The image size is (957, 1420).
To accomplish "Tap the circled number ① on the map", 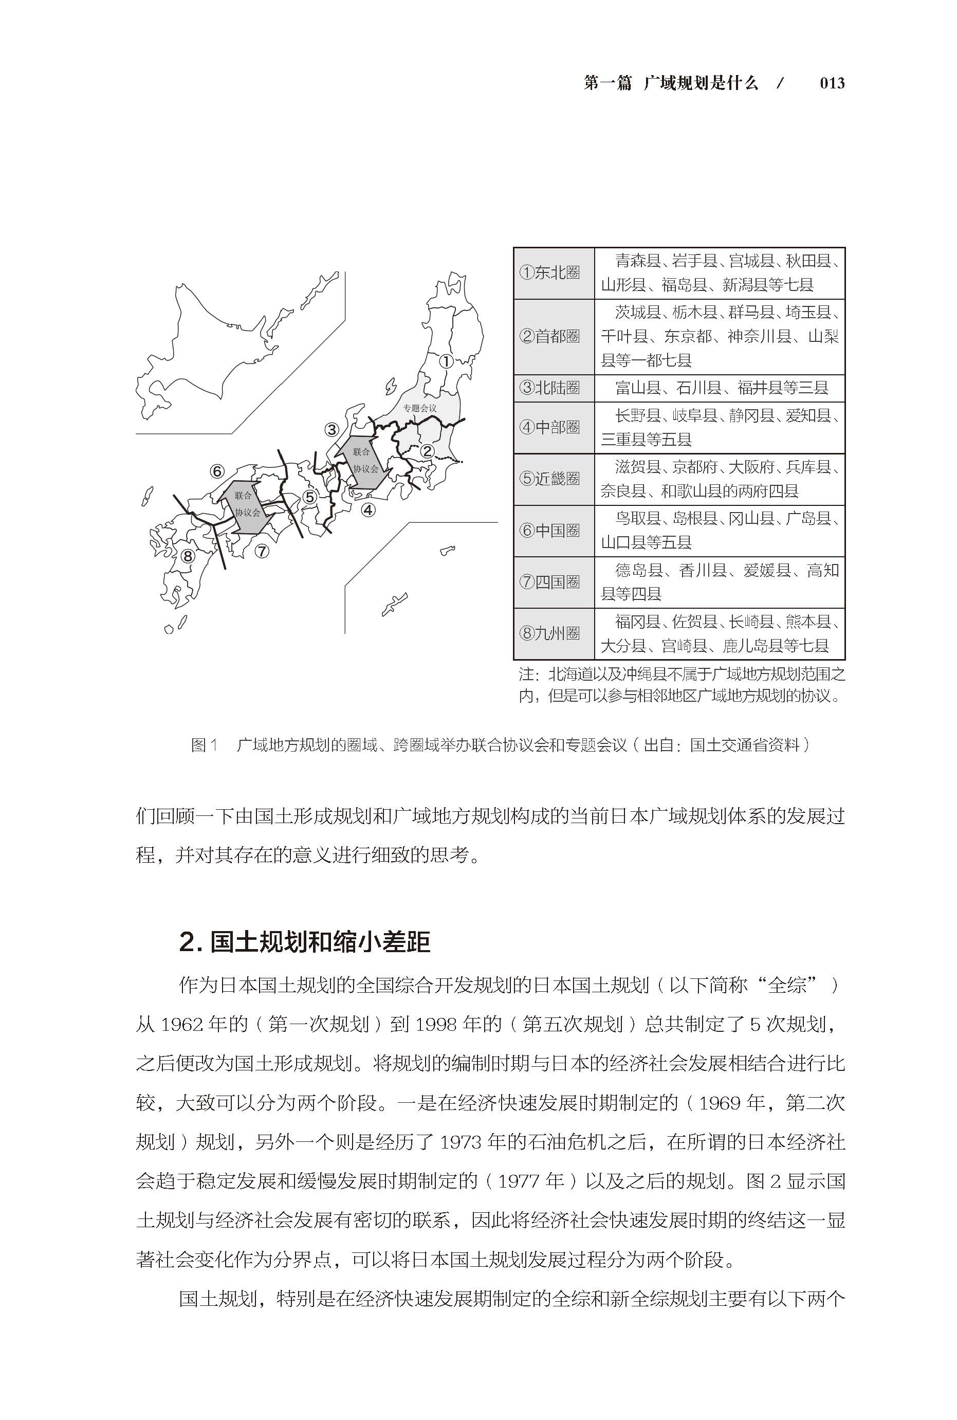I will pos(446,361).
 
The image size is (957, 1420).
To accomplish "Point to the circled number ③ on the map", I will pos(332,430).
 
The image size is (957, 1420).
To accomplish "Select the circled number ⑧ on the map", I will pos(188,556).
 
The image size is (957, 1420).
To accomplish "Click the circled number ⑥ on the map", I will pos(217,471).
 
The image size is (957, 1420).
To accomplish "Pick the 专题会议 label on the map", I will pos(420,408).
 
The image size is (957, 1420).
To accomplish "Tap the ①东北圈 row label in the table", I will pos(549,273).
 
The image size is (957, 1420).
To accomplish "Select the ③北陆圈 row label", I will pos(549,388).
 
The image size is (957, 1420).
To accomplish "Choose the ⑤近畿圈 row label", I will pos(549,479).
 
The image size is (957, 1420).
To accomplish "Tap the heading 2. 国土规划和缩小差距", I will pos(305,942).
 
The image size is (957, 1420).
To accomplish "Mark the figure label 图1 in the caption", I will pos(205,745).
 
